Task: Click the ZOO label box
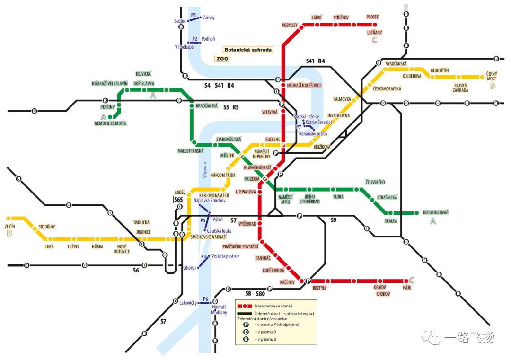click(x=222, y=59)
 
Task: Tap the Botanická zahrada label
click(x=248, y=50)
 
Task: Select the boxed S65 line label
click(x=178, y=200)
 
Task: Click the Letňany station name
click(x=374, y=33)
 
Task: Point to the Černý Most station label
click(x=492, y=76)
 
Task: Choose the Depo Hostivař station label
click(x=436, y=212)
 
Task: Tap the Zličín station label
click(x=10, y=227)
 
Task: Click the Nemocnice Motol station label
click(x=110, y=123)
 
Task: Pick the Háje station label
click(x=407, y=288)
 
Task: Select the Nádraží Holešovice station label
click(x=304, y=85)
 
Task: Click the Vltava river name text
click(x=205, y=170)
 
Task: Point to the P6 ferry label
click(x=205, y=299)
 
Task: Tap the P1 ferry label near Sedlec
click(x=193, y=15)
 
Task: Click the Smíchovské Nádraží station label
click(x=209, y=237)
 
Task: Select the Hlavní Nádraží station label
click(x=257, y=167)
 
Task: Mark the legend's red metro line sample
click(x=245, y=306)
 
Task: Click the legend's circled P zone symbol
click(x=246, y=325)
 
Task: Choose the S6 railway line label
click(x=136, y=271)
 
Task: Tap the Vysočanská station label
click(x=396, y=64)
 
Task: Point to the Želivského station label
click(x=375, y=182)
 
